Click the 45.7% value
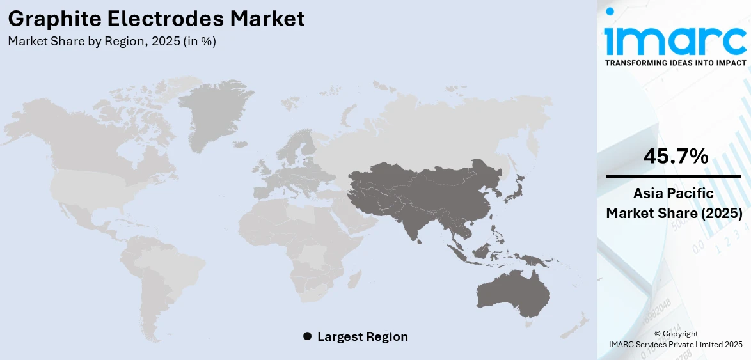pyautogui.click(x=676, y=155)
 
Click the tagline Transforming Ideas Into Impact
pyautogui.click(x=675, y=63)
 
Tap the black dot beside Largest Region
pyautogui.click(x=307, y=336)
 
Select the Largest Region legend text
pyautogui.click(x=362, y=336)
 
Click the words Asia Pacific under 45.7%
pyautogui.click(x=675, y=193)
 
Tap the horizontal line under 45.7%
pyautogui.click(x=675, y=176)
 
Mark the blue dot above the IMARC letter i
pyautogui.click(x=610, y=12)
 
